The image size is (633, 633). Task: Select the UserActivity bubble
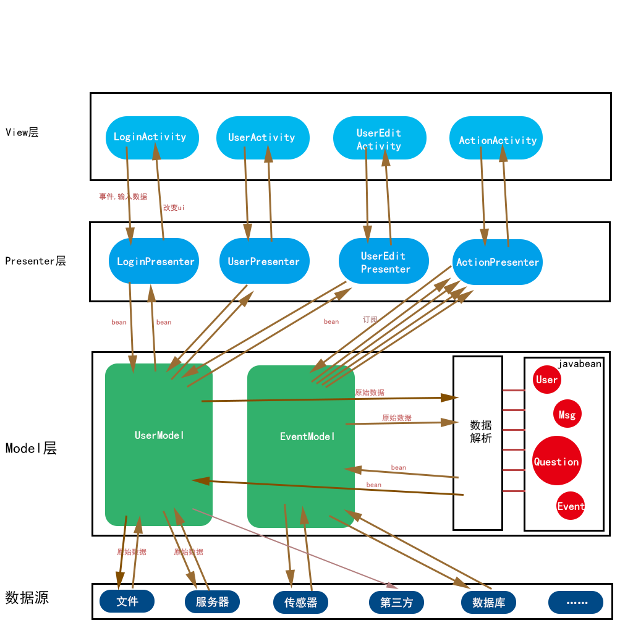tap(262, 137)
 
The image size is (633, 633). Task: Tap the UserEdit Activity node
tap(379, 138)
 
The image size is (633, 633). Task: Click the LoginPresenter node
tap(154, 261)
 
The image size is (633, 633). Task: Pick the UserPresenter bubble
tap(264, 261)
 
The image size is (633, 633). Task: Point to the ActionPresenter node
tap(498, 262)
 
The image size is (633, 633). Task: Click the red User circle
tap(546, 380)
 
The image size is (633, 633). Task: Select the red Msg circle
tap(567, 414)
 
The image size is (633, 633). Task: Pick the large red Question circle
tap(556, 461)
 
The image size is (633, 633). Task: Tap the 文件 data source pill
tap(127, 601)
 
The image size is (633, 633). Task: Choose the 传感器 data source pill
tap(300, 602)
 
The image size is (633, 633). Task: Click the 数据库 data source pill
tap(488, 602)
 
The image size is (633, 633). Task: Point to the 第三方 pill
tap(396, 602)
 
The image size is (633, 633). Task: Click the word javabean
tap(579, 364)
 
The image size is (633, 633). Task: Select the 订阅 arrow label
tap(370, 320)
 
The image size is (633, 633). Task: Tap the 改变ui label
tap(174, 208)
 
